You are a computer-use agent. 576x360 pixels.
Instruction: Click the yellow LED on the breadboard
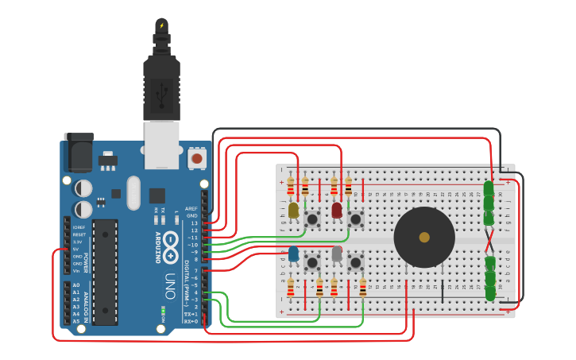[293, 210]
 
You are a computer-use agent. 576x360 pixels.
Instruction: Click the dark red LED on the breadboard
[337, 210]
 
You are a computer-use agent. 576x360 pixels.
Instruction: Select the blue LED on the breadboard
[293, 254]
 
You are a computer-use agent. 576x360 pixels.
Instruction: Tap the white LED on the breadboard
[337, 254]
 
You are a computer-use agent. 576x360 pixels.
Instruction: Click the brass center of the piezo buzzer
[424, 237]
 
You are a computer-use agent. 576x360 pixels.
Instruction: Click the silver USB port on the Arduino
[161, 144]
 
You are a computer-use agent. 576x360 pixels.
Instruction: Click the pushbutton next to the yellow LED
[312, 218]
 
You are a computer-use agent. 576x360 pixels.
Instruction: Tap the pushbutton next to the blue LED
[312, 261]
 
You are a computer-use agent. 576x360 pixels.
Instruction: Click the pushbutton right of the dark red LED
[355, 218]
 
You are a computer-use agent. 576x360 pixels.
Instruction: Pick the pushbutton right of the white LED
[355, 261]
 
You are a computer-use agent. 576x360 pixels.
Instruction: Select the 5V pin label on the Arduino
[76, 249]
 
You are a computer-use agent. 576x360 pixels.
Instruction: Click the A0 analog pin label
[76, 285]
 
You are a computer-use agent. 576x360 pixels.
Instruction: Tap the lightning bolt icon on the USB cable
[162, 25]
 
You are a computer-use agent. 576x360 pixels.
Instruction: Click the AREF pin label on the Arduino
[191, 208]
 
